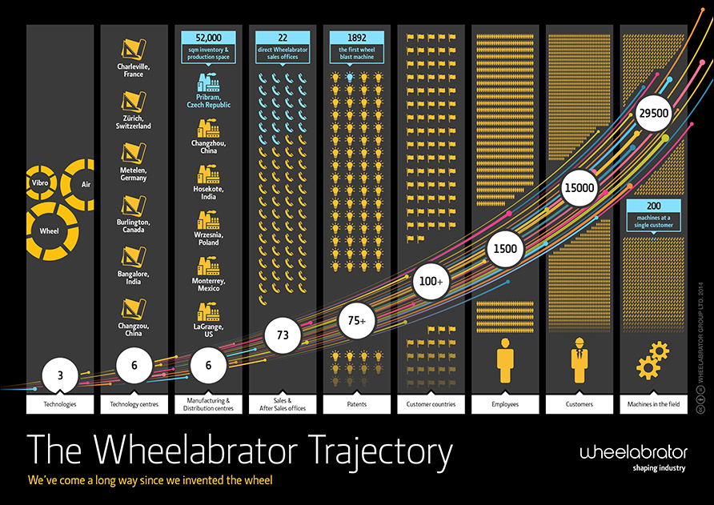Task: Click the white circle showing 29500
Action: click(x=653, y=114)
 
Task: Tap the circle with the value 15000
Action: click(x=578, y=186)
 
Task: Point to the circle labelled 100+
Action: click(x=430, y=283)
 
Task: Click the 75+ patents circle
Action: click(x=356, y=320)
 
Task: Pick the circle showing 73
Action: click(x=283, y=335)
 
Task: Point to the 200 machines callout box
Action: click(x=653, y=215)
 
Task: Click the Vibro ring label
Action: click(x=40, y=182)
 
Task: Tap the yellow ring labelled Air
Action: click(x=86, y=184)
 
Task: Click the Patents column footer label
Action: click(x=356, y=404)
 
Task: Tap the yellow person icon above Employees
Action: click(x=504, y=360)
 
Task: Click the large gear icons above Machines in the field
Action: click(x=652, y=360)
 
